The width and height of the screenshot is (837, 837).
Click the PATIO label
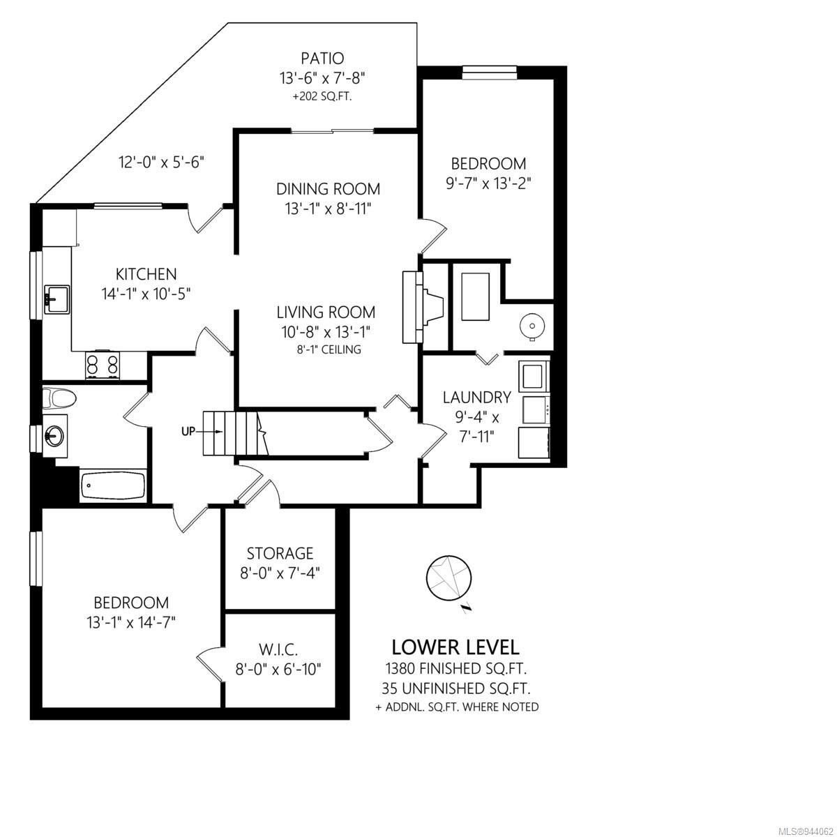(322, 58)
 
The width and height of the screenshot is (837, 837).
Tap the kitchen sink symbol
(56, 299)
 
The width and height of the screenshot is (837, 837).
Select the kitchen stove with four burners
(103, 364)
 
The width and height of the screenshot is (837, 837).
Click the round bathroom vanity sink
(55, 435)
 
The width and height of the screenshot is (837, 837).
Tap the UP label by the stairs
(188, 431)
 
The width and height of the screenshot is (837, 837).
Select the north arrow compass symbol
(449, 580)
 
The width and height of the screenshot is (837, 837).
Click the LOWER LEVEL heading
(455, 647)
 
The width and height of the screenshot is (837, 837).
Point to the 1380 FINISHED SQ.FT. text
(456, 668)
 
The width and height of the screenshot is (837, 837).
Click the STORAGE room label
(280, 553)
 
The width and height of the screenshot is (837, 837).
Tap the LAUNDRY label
(477, 397)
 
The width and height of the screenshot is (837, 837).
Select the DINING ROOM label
(328, 189)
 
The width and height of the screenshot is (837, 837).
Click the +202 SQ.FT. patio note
(322, 96)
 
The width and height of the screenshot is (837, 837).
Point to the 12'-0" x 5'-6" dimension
(162, 163)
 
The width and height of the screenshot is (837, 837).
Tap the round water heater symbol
(531, 325)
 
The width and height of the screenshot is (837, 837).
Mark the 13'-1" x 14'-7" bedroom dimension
(130, 623)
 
